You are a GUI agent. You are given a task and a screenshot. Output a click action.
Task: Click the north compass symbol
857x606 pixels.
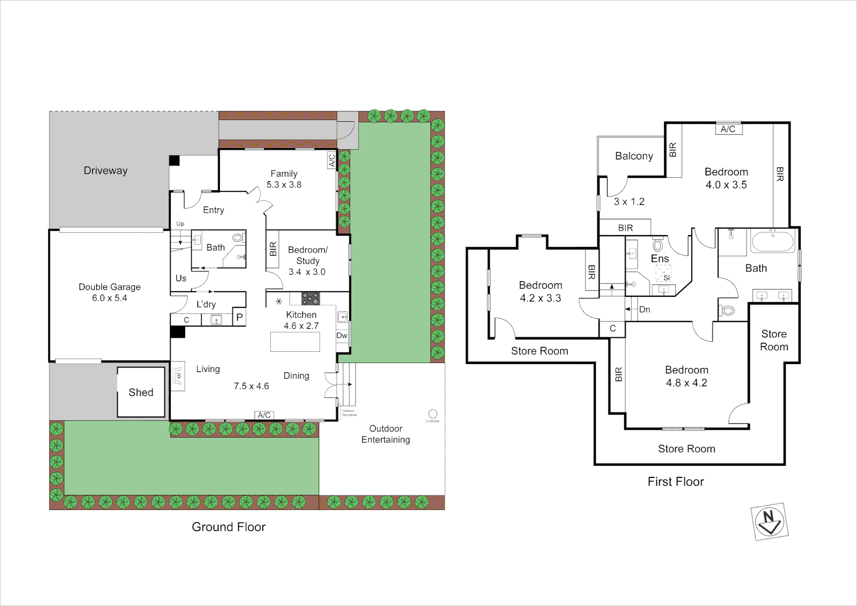(769, 521)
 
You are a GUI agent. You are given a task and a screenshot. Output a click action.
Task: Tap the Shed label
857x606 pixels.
(141, 393)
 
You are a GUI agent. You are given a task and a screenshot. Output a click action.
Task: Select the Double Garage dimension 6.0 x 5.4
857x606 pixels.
(109, 298)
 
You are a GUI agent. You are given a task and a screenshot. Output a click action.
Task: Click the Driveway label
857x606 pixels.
(105, 171)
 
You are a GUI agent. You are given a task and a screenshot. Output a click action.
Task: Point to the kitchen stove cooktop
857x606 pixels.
(310, 298)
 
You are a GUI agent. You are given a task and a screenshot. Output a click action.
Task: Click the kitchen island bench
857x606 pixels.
(295, 342)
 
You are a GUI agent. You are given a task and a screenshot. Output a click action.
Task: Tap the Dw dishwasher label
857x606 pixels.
(342, 336)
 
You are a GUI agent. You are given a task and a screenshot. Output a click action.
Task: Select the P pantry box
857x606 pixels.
(239, 317)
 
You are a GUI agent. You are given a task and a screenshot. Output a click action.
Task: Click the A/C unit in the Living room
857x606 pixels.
(264, 415)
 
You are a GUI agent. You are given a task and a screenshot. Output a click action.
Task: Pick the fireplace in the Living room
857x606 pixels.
(178, 376)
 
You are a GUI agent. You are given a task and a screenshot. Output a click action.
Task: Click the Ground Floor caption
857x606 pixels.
(228, 527)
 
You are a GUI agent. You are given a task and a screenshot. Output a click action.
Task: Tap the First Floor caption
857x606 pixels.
(675, 481)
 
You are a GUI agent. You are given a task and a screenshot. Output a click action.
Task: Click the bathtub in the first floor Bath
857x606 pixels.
(772, 242)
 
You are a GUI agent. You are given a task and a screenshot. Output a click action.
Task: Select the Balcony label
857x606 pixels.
(634, 156)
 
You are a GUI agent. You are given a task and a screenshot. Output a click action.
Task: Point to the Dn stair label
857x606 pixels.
(644, 309)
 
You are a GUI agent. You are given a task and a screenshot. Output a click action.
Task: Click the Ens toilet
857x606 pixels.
(658, 246)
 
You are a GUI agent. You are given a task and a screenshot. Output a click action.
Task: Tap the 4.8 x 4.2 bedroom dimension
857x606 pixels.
(686, 383)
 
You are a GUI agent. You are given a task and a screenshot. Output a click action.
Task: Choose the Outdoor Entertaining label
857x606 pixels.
(385, 434)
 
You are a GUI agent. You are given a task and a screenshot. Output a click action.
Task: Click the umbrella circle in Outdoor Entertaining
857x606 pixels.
(432, 414)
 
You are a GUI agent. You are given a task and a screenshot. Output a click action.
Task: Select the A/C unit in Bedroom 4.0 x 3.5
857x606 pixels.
(728, 129)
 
